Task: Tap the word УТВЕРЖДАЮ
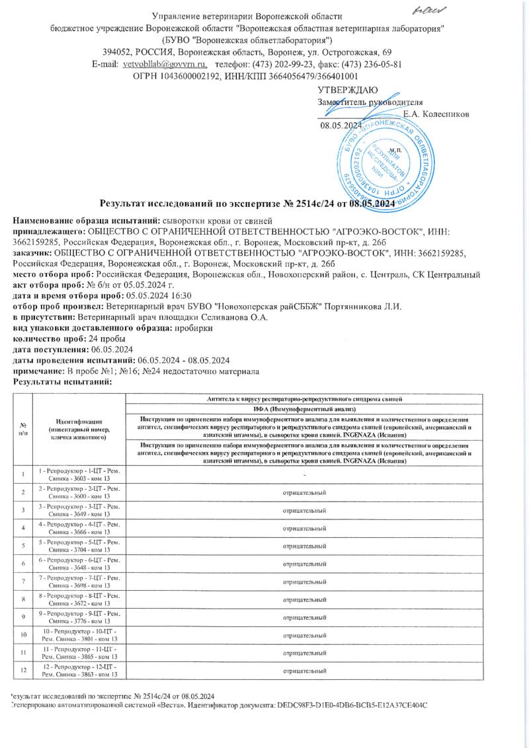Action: [348, 90]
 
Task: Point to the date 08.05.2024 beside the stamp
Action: [341, 125]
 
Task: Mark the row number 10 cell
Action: [24, 636]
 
